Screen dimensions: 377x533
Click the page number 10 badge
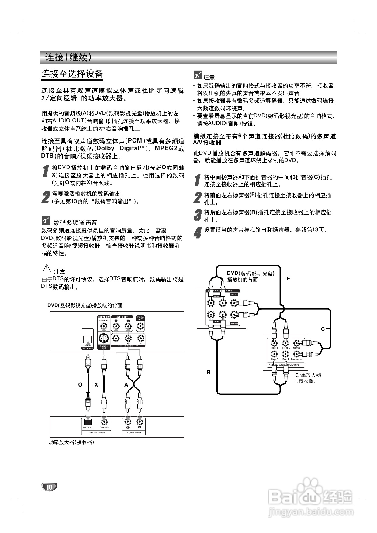point(49,487)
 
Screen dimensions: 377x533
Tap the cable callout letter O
point(80,385)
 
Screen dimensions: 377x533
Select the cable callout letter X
point(96,385)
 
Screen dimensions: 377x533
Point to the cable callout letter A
point(126,385)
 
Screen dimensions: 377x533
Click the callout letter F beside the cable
point(289,278)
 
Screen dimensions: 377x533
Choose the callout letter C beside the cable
point(323,329)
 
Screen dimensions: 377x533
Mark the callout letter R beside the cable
point(209,372)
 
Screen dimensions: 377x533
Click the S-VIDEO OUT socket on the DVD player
point(104,338)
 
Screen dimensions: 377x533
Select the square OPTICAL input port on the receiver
point(88,422)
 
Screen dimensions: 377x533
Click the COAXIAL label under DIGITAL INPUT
point(105,428)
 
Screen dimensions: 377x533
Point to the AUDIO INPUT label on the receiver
point(134,432)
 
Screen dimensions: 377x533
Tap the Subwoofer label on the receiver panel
point(297,359)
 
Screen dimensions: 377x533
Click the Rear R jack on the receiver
point(274,354)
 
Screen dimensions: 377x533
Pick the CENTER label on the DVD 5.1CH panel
point(234,294)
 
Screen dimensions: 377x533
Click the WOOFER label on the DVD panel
point(234,324)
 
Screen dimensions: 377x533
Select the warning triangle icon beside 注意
point(47,269)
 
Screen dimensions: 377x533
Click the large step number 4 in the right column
point(198,232)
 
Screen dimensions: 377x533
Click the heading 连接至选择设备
point(72,74)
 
